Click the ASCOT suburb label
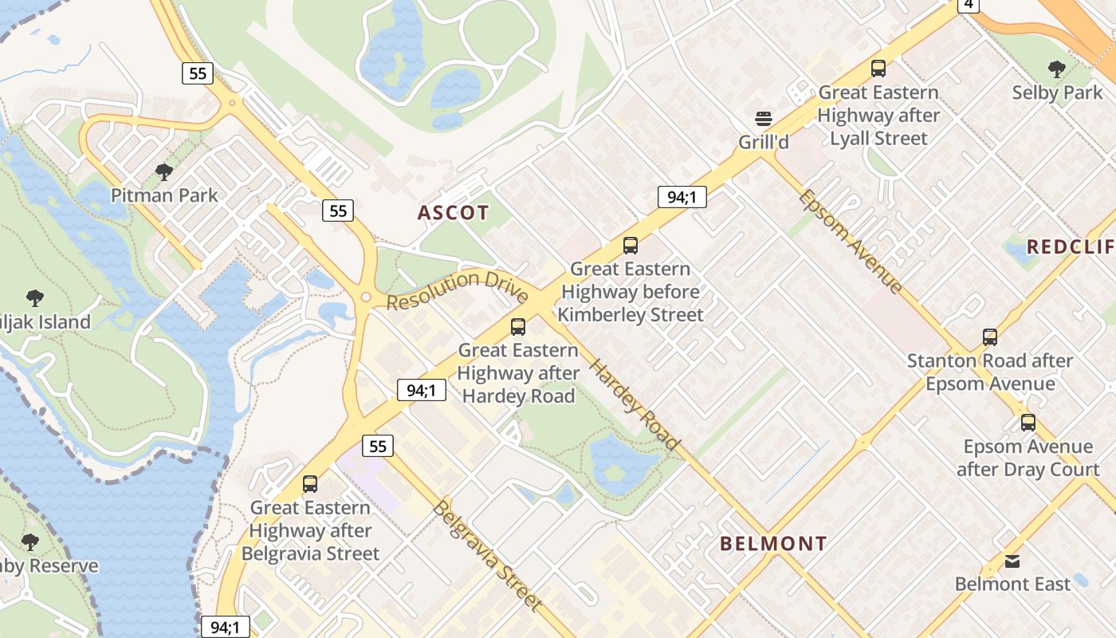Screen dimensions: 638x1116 click(453, 213)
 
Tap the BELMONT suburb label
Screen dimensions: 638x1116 click(773, 544)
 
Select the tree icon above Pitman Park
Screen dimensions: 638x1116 click(164, 171)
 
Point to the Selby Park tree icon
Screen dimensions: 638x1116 click(1057, 69)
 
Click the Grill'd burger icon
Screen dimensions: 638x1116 click(764, 120)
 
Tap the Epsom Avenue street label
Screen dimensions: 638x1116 click(851, 241)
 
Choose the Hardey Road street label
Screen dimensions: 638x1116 click(635, 404)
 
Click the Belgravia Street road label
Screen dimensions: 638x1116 click(487, 555)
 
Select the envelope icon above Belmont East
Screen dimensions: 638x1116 click(1012, 561)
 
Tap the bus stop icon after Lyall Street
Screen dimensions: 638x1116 click(878, 69)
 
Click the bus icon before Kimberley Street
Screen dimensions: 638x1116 click(631, 246)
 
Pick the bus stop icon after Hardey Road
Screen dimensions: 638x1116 click(518, 327)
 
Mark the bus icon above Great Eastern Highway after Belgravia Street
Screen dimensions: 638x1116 click(310, 484)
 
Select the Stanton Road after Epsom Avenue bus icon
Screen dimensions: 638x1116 click(990, 337)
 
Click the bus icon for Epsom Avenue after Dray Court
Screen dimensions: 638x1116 click(1028, 423)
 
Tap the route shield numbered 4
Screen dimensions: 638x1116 click(968, 5)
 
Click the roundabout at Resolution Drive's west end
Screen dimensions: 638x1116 click(365, 297)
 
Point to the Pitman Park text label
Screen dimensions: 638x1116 click(164, 195)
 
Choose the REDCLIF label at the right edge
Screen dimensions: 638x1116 click(1071, 247)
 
